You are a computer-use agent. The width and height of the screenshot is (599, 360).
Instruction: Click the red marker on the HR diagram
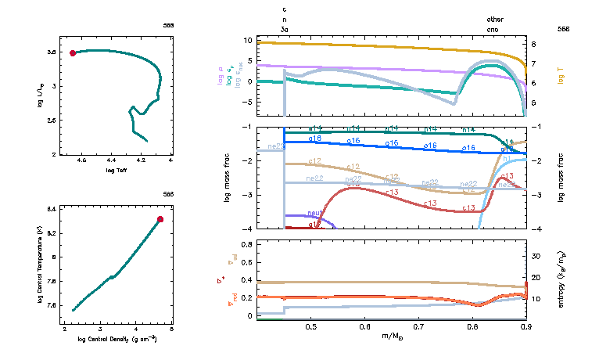pyautogui.click(x=73, y=53)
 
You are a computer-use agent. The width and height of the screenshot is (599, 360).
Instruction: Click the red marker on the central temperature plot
pyautogui.click(x=160, y=219)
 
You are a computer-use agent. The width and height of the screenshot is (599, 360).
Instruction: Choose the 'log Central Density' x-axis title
pyautogui.click(x=117, y=339)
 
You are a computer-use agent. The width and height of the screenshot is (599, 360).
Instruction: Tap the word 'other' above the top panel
pyautogui.click(x=495, y=19)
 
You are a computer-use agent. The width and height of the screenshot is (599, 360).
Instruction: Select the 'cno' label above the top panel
pyautogui.click(x=494, y=28)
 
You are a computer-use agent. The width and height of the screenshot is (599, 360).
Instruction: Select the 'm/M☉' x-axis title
pyautogui.click(x=393, y=337)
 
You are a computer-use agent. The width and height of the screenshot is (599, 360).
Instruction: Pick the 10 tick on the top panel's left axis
pyautogui.click(x=246, y=40)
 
